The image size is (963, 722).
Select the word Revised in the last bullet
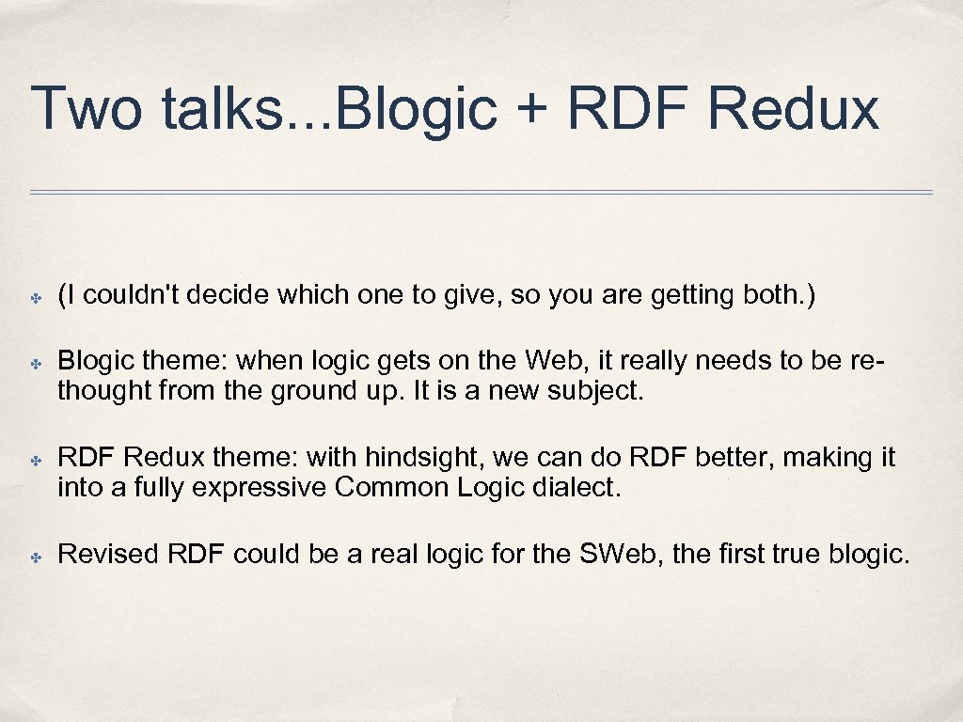(108, 554)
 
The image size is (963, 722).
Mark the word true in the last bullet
(793, 554)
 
